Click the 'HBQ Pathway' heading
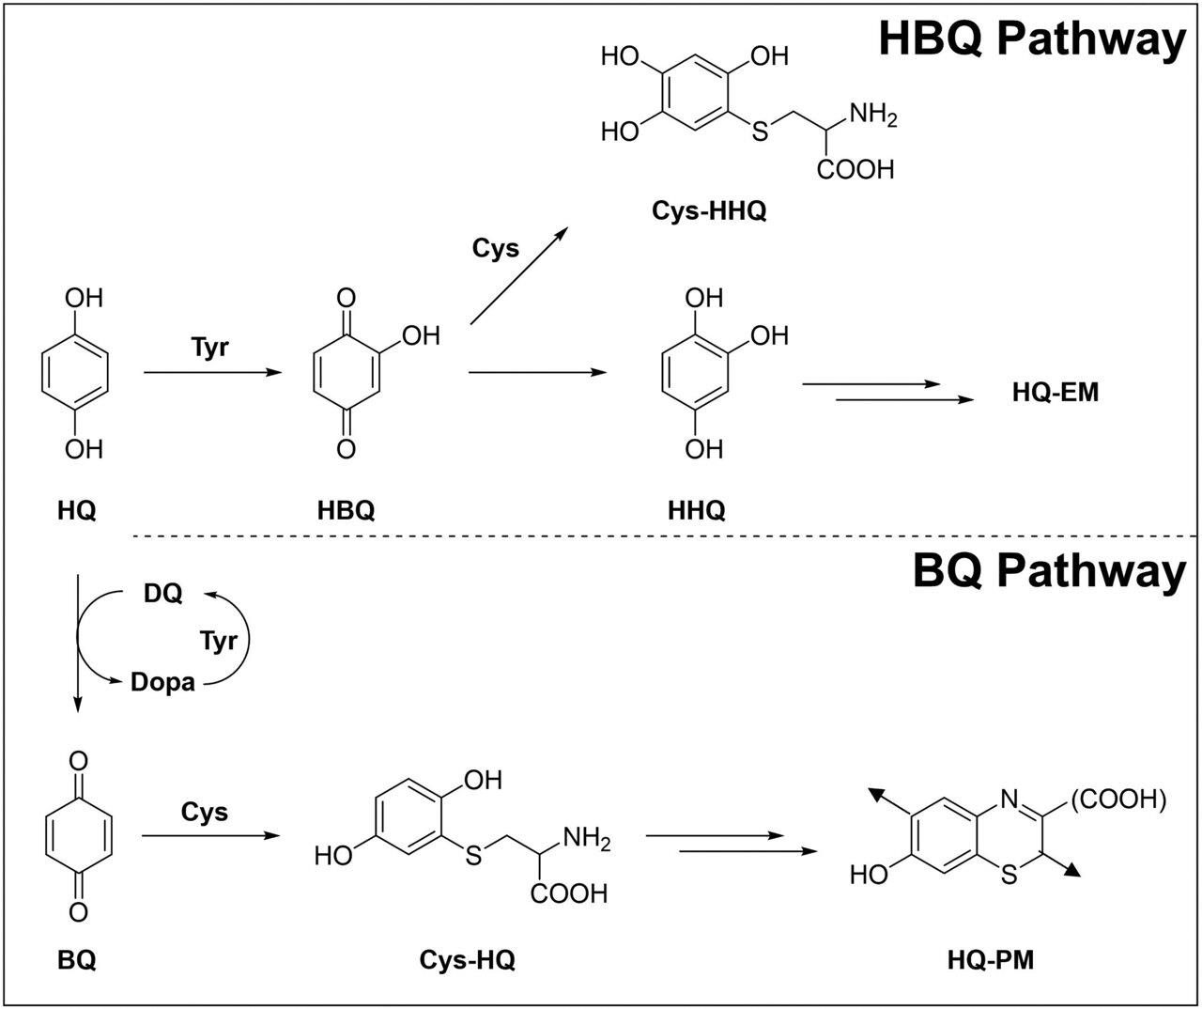click(x=1032, y=40)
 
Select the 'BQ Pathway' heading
click(x=1049, y=571)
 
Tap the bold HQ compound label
click(x=77, y=510)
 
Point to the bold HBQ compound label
click(x=346, y=510)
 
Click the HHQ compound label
click(x=697, y=510)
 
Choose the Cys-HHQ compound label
click(x=709, y=210)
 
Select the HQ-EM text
click(x=1056, y=392)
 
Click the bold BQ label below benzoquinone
click(x=77, y=960)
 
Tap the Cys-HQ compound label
click(x=467, y=960)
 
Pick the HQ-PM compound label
click(x=991, y=960)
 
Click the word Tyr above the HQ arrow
click(x=209, y=348)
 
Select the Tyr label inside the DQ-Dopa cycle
click(x=219, y=641)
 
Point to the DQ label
click(x=162, y=593)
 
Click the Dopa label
click(x=162, y=682)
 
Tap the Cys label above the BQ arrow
click(x=205, y=812)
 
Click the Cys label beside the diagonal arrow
click(x=496, y=248)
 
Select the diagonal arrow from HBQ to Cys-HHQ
click(x=519, y=275)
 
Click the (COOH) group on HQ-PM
click(x=1118, y=799)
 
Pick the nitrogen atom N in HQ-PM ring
click(x=1009, y=799)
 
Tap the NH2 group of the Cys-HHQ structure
click(x=872, y=116)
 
